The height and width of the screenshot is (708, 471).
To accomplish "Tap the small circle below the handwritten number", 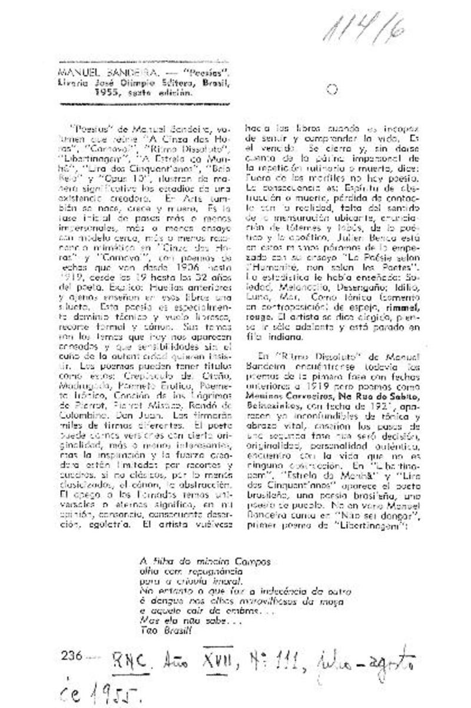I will coord(331,90).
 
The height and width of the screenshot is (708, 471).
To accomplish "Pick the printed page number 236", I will coord(71,654).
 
